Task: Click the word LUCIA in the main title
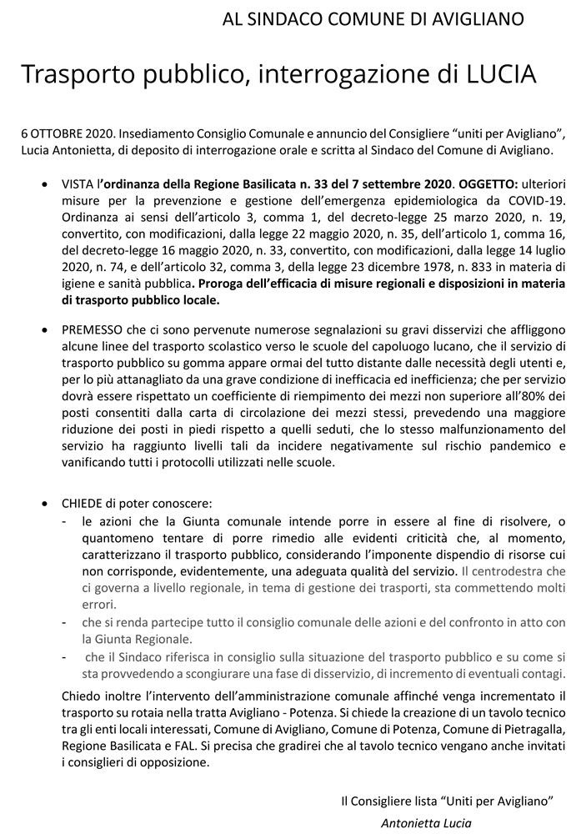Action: click(495, 74)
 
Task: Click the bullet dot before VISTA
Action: click(44, 184)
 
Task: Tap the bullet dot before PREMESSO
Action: click(44, 330)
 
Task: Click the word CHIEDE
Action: click(81, 504)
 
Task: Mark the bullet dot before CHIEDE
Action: click(44, 505)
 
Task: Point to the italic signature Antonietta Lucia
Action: click(425, 823)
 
